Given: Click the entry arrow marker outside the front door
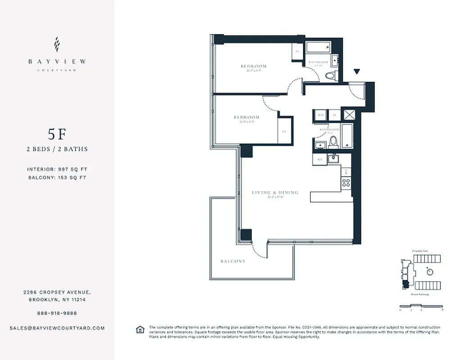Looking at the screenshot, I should tap(357, 72).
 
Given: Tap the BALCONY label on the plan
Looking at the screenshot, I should tap(233, 261).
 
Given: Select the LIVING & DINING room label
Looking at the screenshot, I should tap(275, 193).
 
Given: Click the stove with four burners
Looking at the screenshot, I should tap(346, 183).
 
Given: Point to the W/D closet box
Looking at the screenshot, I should tap(321, 115).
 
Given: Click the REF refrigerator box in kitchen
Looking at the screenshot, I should tap(320, 159).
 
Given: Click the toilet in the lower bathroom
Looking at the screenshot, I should tap(333, 143).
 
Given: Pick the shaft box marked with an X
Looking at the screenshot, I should tap(349, 114).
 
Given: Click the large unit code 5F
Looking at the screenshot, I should tap(57, 134).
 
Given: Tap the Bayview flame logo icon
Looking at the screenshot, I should tap(57, 45).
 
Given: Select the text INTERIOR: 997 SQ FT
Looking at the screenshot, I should tap(57, 169).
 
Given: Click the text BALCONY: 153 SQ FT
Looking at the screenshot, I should tap(57, 178).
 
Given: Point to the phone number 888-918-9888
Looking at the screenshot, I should tap(57, 313).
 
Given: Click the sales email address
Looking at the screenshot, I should tap(57, 328).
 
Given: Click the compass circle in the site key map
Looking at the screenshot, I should tap(430, 272).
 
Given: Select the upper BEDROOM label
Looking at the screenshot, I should tap(253, 66).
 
